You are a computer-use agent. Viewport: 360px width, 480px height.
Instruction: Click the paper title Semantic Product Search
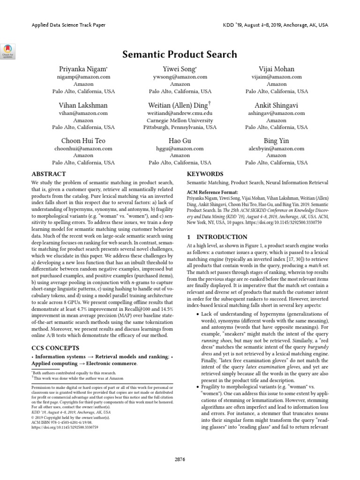coord(180,54)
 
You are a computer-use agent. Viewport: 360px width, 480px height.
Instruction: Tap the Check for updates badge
coord(9,51)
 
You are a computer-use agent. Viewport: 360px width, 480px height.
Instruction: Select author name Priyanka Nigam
coord(83,69)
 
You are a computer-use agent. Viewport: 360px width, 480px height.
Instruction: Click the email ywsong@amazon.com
coord(180,77)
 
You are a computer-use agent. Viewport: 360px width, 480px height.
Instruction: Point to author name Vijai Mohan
coord(277,69)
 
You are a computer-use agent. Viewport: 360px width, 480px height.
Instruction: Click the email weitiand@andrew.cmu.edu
coord(180,113)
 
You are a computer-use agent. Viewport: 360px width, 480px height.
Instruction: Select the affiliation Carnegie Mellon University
coord(180,120)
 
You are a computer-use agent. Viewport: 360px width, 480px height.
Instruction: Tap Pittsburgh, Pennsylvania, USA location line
coord(180,127)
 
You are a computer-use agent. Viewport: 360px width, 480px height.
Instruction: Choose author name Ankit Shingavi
coord(277,105)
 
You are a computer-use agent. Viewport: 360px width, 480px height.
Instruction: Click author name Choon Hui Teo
coord(83,141)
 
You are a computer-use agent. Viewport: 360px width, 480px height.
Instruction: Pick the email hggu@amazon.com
coord(180,149)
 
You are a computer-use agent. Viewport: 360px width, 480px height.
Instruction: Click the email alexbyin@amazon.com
coord(277,149)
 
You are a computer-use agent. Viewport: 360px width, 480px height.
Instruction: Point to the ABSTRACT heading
coord(49,173)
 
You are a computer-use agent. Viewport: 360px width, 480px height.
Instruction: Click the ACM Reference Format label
coord(212,192)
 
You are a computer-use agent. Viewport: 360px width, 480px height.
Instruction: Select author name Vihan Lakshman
coord(83,105)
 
